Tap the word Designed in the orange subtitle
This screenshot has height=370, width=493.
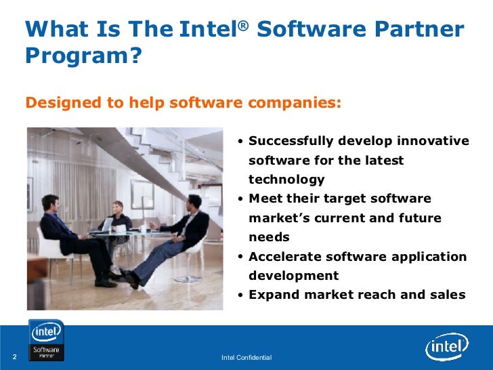pyautogui.click(x=60, y=103)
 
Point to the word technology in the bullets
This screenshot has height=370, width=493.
pyautogui.click(x=286, y=180)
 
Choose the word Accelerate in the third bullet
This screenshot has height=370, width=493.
pyautogui.click(x=285, y=257)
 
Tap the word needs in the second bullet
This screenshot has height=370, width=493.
pyautogui.click(x=269, y=237)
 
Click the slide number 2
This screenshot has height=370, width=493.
pyautogui.click(x=14, y=357)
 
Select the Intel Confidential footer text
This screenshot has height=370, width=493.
pyautogui.click(x=246, y=357)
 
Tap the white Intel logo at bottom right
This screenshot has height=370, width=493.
pyautogui.click(x=446, y=348)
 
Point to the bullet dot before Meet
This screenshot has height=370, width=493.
pyautogui.click(x=241, y=199)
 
